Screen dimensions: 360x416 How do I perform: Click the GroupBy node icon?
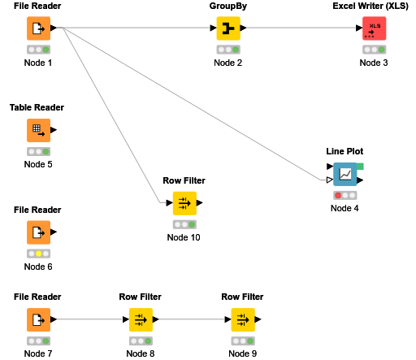[x=228, y=29]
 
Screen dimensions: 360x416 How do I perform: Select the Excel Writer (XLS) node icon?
[x=374, y=29]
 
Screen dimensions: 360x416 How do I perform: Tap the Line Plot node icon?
[x=344, y=174]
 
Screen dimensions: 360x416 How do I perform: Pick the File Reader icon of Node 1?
[x=37, y=29]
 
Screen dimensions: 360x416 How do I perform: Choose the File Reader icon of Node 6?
[x=37, y=232]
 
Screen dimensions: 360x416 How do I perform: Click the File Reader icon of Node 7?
[x=37, y=319]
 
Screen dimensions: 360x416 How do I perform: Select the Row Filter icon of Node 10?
[x=184, y=203]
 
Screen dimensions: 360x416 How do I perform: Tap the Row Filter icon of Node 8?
[x=140, y=319]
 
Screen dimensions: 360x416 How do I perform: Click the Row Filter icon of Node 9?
[x=242, y=319]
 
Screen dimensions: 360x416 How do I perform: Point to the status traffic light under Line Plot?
[x=344, y=195]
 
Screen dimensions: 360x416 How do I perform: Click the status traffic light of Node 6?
[x=37, y=254]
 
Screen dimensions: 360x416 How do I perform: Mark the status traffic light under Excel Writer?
[x=374, y=50]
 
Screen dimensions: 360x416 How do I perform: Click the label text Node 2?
[x=228, y=63]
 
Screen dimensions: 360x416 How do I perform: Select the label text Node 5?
[x=37, y=164]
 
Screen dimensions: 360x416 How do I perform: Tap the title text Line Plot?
[x=344, y=151]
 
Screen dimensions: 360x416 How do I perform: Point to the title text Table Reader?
[x=37, y=108]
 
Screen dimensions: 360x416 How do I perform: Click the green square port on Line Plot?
[x=360, y=167]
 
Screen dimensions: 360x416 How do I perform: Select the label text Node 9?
[x=242, y=353]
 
